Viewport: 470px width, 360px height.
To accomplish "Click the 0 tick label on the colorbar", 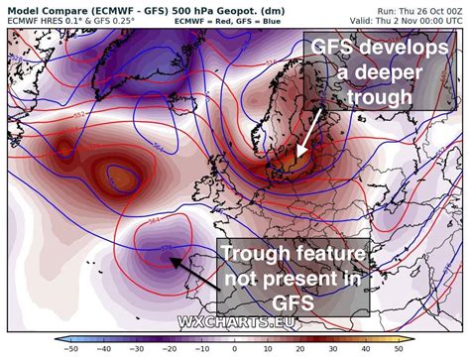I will (x=236, y=350).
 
